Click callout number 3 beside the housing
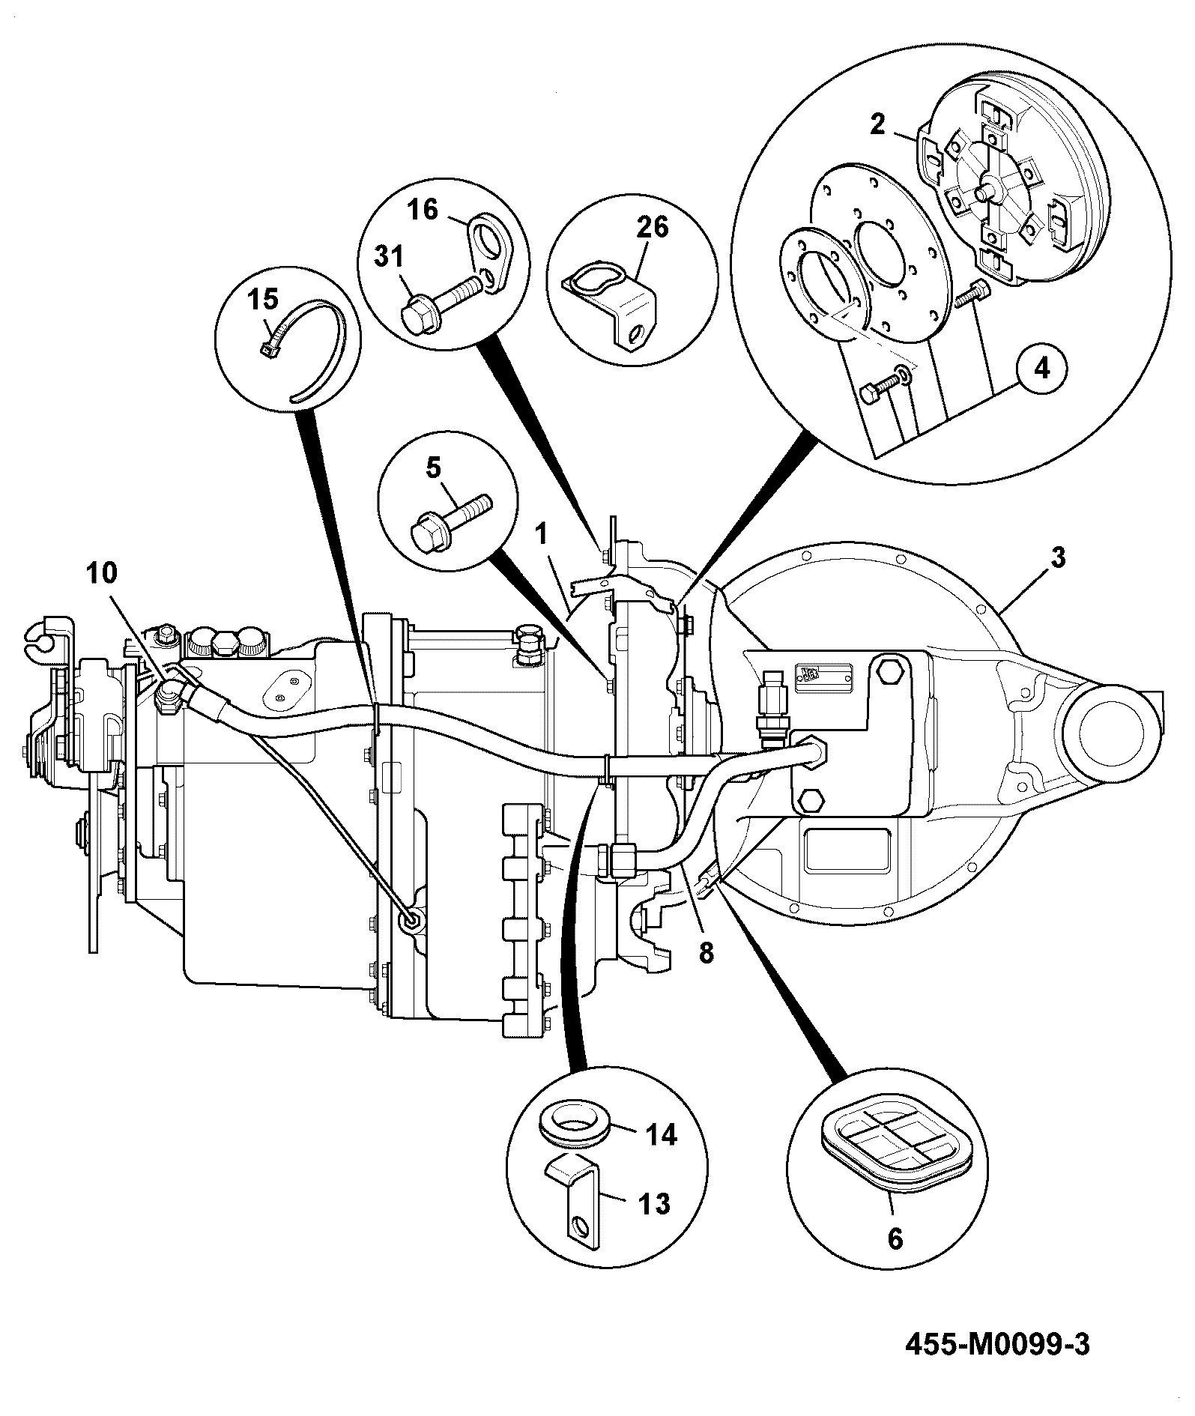pyautogui.click(x=1057, y=559)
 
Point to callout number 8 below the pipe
pyautogui.click(x=706, y=952)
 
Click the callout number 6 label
pyautogui.click(x=895, y=1238)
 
